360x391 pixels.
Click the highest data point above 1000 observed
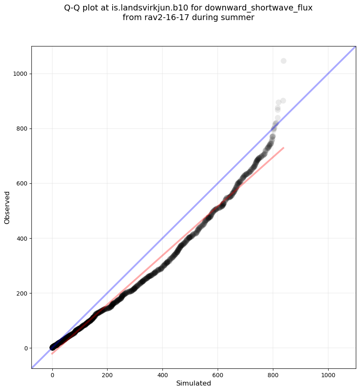pyautogui.click(x=283, y=61)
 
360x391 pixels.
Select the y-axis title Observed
pyautogui.click(x=7, y=208)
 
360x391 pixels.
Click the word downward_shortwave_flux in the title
pyautogui.click(x=259, y=8)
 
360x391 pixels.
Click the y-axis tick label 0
pyautogui.click(x=26, y=348)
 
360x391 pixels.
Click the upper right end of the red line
pyautogui.click(x=283, y=148)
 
